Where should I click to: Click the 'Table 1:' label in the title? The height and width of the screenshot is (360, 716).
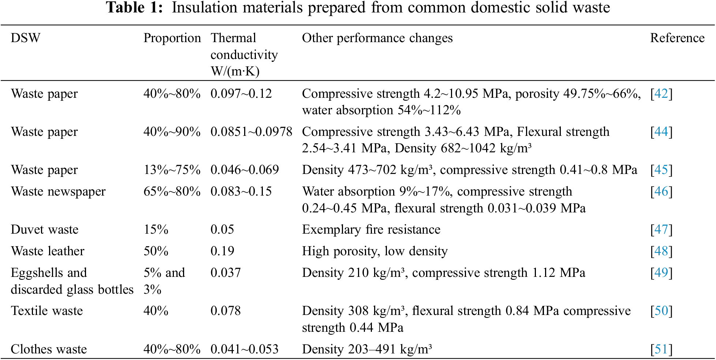(x=134, y=8)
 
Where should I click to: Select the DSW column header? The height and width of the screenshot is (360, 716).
(x=26, y=38)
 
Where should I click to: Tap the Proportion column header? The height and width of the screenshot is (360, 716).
(x=172, y=38)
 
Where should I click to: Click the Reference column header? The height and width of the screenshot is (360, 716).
(x=677, y=38)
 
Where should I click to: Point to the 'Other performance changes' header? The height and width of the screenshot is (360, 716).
(x=377, y=38)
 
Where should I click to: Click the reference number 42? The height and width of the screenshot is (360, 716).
(x=661, y=94)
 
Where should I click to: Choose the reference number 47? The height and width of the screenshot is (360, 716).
(x=661, y=230)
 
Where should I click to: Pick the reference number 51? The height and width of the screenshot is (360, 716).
(x=661, y=349)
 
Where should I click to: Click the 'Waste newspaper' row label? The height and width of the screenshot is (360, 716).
(x=58, y=192)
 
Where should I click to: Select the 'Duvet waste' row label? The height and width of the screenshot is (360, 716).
(x=45, y=230)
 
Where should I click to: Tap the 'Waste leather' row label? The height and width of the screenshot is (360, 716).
(x=48, y=251)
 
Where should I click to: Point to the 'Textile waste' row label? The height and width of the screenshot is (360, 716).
(x=47, y=311)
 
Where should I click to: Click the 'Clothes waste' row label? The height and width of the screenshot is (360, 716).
(x=49, y=349)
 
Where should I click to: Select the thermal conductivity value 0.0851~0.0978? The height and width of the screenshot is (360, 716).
(x=251, y=132)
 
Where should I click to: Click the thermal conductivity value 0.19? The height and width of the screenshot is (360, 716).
(x=222, y=251)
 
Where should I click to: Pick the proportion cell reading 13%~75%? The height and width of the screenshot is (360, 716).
(x=172, y=170)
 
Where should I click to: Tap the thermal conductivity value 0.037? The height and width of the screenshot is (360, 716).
(x=225, y=273)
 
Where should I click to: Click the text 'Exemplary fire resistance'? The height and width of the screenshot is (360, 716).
(x=371, y=230)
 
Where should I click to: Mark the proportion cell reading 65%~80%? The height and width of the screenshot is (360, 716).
(x=172, y=192)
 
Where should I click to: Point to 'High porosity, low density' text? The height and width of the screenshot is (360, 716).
(x=374, y=251)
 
